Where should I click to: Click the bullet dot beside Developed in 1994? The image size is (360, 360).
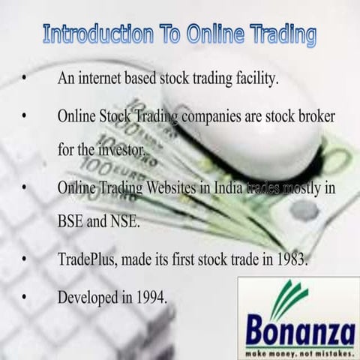pos(26,297)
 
